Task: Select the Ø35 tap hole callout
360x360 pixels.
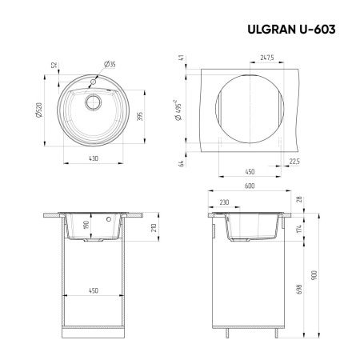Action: [x=110, y=65]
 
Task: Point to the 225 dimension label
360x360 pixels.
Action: [x=294, y=160]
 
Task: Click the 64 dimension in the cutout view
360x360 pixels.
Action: [x=182, y=163]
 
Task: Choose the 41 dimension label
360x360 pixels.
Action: [x=182, y=58]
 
